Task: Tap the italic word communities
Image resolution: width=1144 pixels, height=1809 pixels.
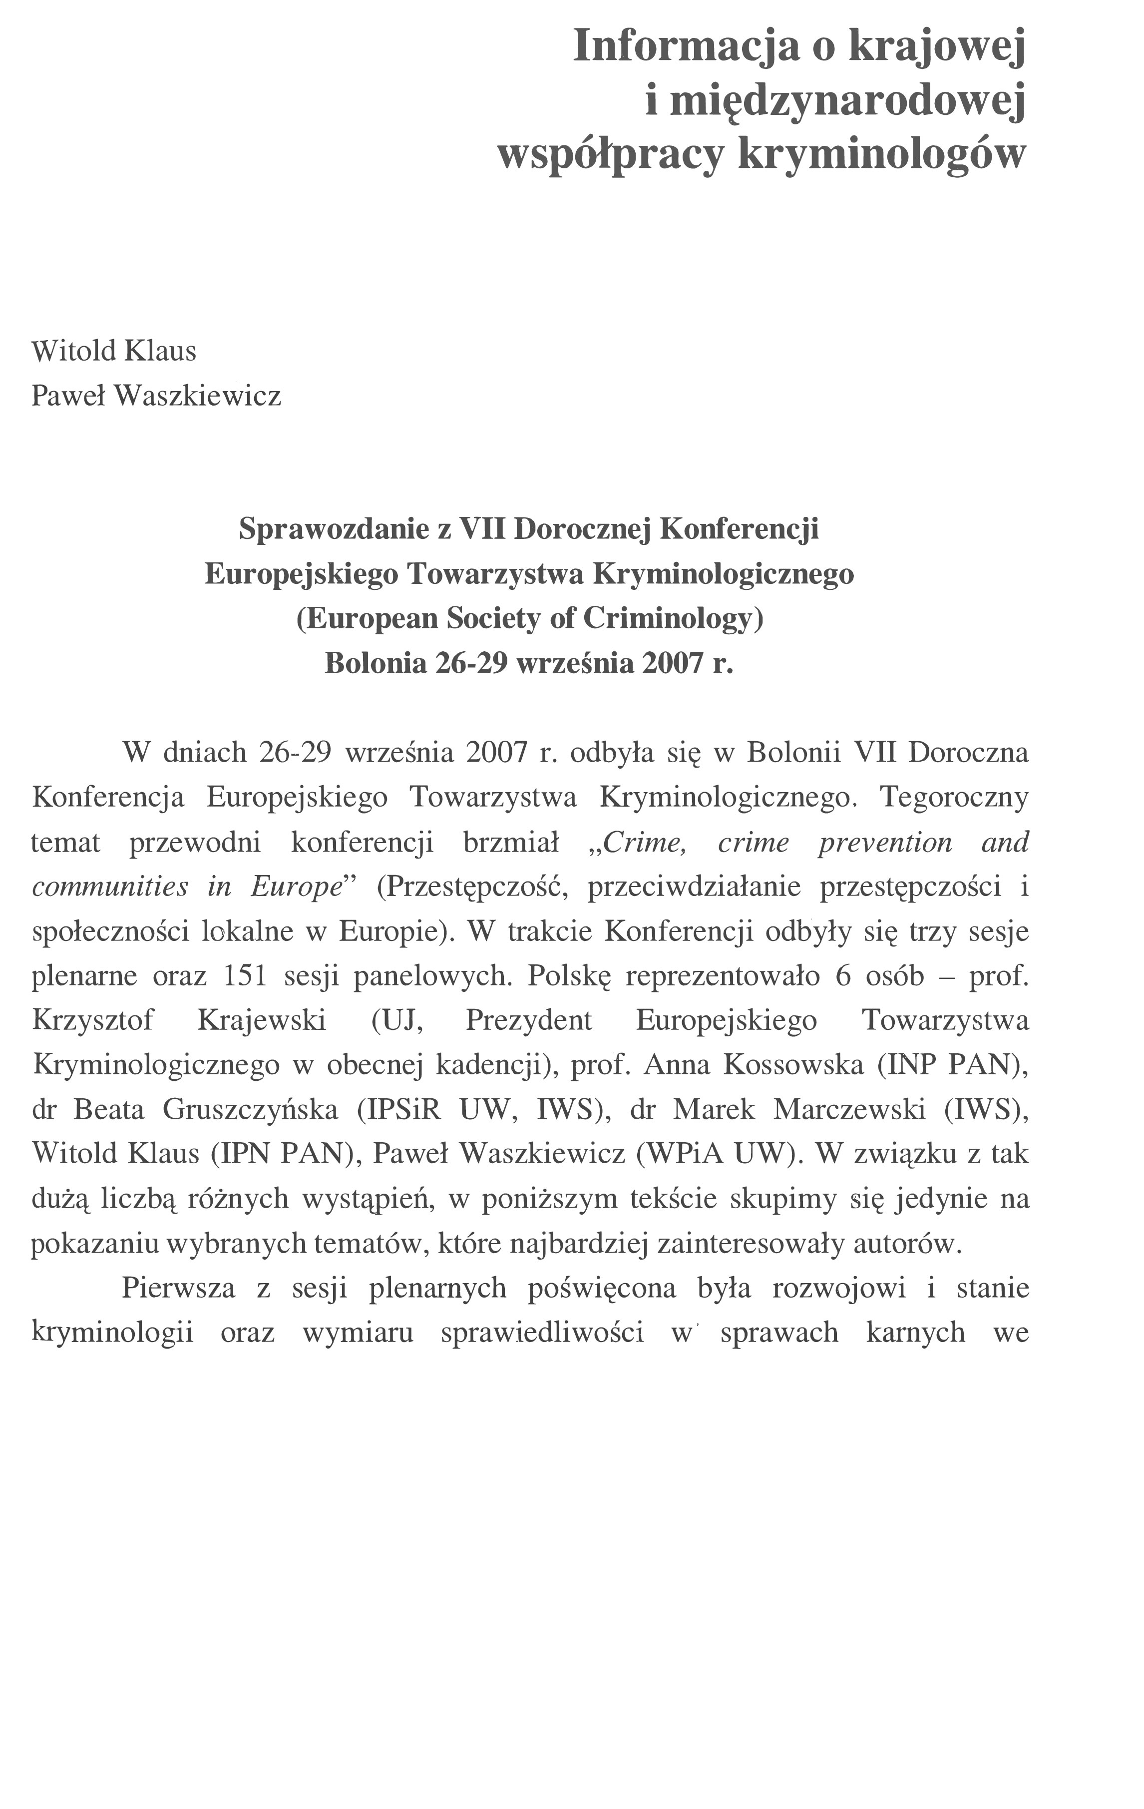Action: [x=110, y=887]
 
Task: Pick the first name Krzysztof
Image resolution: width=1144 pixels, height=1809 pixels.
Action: [x=92, y=1020]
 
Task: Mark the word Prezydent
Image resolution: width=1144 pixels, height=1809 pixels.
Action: [x=529, y=1020]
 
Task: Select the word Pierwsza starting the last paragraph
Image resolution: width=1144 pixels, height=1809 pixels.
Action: [x=179, y=1288]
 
